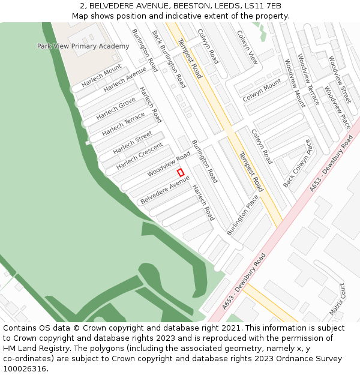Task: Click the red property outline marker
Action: pyautogui.click(x=181, y=172)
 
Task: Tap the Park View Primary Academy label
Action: pyautogui.click(x=83, y=46)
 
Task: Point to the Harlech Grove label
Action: pyautogui.click(x=116, y=109)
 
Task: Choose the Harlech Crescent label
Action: pyautogui.click(x=139, y=155)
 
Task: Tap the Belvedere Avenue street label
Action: pyautogui.click(x=164, y=189)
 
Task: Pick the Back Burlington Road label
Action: pyautogui.click(x=169, y=59)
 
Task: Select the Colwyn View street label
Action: pyautogui.click(x=247, y=47)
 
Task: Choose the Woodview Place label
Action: pyautogui.click(x=337, y=107)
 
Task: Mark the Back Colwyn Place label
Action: pyautogui.click(x=298, y=163)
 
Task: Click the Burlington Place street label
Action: pyautogui.click(x=242, y=214)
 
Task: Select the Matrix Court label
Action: pyautogui.click(x=337, y=299)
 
